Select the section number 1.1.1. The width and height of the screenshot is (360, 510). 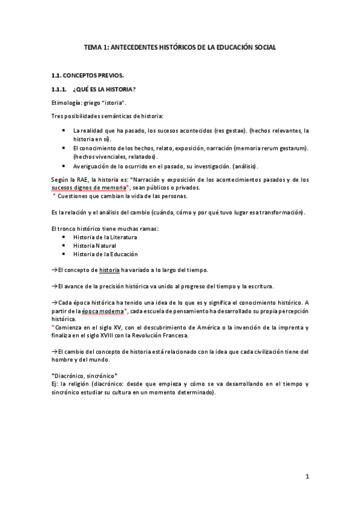(x=62, y=90)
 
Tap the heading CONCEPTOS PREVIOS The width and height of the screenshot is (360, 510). (x=96, y=75)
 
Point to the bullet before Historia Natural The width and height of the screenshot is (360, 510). (x=64, y=245)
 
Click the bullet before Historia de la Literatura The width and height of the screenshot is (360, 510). (x=64, y=237)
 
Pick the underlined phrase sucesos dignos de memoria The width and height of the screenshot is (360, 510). (x=89, y=188)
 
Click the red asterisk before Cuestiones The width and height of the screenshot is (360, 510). (x=54, y=196)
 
